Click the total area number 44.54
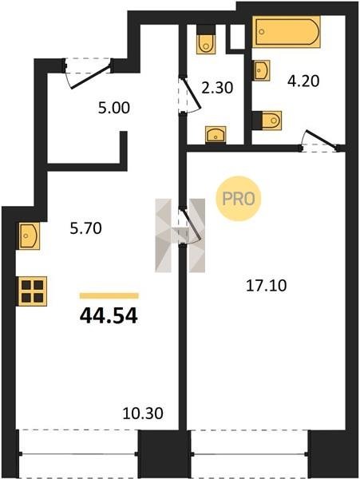click(109, 316)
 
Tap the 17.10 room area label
click(267, 286)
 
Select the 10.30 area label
click(143, 414)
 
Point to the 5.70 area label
click(85, 228)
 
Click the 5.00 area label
click(114, 108)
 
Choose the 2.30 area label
click(217, 88)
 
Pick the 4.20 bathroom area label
click(303, 81)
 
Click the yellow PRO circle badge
click(239, 199)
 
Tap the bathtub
click(287, 32)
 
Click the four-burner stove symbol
click(33, 291)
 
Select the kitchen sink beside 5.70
click(30, 236)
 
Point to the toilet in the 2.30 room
click(206, 44)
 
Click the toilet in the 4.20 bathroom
click(271, 121)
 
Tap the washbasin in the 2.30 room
click(216, 135)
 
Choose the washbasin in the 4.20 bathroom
click(262, 70)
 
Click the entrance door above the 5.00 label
click(88, 73)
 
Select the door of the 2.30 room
click(189, 94)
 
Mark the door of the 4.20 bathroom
click(320, 141)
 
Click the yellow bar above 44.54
click(109, 295)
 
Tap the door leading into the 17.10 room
click(189, 227)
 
